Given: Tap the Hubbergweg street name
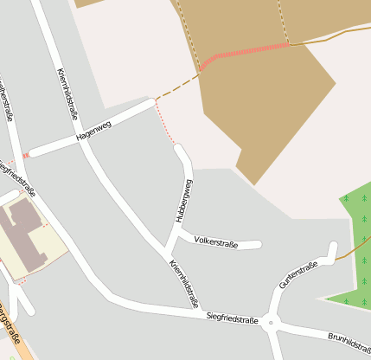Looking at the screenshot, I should pyautogui.click(x=184, y=201).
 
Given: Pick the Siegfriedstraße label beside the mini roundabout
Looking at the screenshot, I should pyautogui.click(x=233, y=318).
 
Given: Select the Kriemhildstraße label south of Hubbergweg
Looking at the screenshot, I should pyautogui.click(x=184, y=284).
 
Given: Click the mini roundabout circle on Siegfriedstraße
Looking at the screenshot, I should pyautogui.click(x=271, y=324).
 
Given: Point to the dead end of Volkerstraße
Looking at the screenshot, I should pyautogui.click(x=258, y=246).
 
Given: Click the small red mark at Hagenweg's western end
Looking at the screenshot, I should pyautogui.click(x=26, y=155).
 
